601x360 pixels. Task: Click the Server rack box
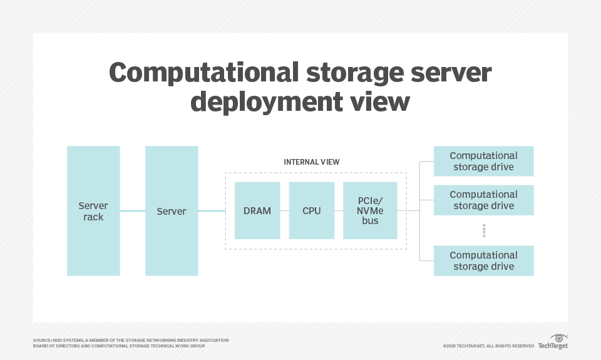[93, 211]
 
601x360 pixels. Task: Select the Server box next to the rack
[172, 211]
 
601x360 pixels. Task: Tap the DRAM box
[257, 211]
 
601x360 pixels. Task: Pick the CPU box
[311, 211]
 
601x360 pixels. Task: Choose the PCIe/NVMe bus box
[370, 211]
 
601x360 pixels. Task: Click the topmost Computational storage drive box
[483, 161]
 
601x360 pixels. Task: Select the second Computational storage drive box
[483, 200]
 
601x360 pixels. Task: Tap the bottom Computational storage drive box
[483, 260]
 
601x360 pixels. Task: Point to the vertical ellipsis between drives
[483, 230]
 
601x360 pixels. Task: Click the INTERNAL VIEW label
[312, 162]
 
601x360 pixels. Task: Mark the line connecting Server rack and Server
[132, 211]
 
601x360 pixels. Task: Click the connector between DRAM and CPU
[284, 211]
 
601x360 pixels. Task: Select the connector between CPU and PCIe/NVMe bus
[339, 211]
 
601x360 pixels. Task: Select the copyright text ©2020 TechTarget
[488, 346]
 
